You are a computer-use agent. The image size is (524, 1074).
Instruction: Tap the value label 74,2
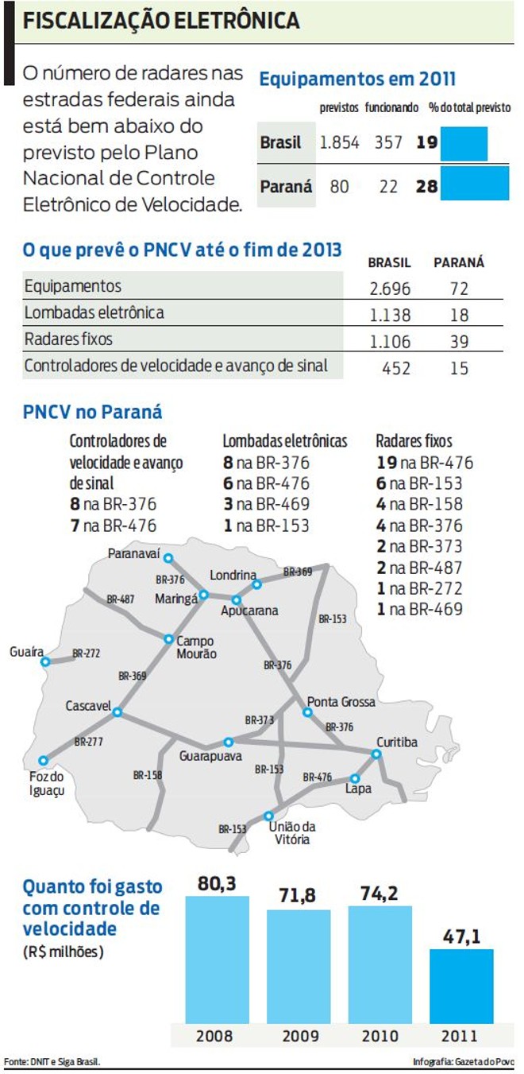[380, 893]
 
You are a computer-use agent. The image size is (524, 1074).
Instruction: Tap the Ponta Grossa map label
[341, 702]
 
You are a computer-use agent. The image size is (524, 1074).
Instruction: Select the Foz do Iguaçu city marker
[43, 761]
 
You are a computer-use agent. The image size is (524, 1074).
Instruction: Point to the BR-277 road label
[90, 741]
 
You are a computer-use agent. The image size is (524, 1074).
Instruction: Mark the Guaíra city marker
[45, 661]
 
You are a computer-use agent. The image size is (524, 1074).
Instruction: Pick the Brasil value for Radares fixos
[390, 342]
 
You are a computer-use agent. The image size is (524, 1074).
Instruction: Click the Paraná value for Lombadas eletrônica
[458, 315]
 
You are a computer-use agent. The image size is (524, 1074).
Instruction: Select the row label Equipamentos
[73, 286]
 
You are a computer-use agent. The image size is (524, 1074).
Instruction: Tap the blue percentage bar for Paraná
[475, 184]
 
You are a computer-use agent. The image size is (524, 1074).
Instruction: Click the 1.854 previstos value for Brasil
[339, 143]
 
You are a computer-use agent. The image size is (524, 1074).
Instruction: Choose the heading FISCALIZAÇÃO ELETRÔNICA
[161, 21]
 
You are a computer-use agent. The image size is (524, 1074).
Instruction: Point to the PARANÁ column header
[458, 262]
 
